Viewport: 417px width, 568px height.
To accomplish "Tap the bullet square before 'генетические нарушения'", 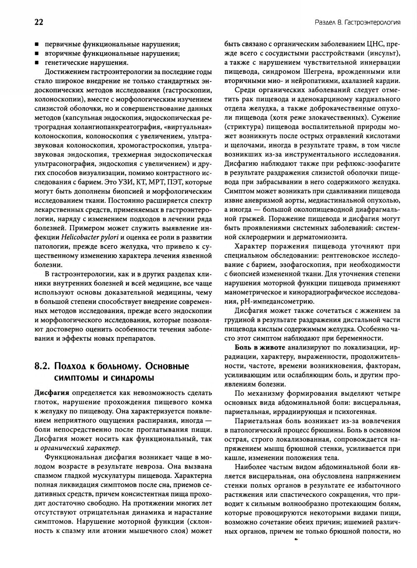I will pyautogui.click(x=37, y=63).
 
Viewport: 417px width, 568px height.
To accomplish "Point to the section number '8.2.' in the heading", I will pyautogui.click(x=43, y=366).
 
